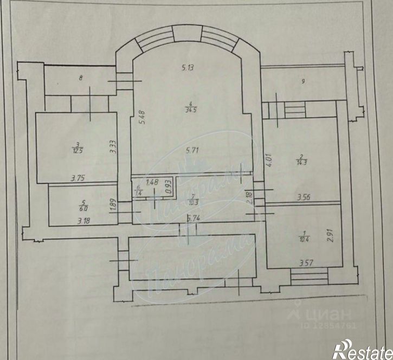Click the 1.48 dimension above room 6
click(x=152, y=182)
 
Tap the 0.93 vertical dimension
click(x=169, y=187)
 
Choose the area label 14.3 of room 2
click(x=300, y=160)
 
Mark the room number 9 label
click(x=304, y=82)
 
